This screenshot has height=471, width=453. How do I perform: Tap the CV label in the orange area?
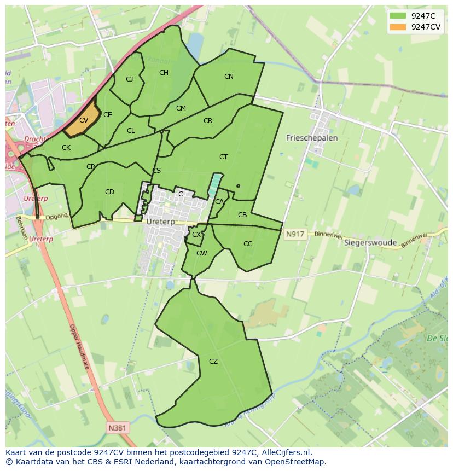(x=84, y=120)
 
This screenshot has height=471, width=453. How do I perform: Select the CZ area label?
(x=213, y=362)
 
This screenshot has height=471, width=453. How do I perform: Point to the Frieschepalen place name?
(x=312, y=138)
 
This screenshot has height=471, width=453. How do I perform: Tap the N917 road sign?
(x=294, y=234)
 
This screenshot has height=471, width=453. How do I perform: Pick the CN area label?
(x=229, y=77)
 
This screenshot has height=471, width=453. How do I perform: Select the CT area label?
(x=223, y=157)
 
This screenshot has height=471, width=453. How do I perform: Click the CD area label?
(x=109, y=192)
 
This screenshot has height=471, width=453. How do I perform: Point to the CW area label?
(x=202, y=253)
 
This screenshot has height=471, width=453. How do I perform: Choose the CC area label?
(x=248, y=244)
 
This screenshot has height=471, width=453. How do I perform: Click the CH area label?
(x=164, y=73)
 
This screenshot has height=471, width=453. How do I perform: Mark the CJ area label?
(x=130, y=79)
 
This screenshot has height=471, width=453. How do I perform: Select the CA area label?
(x=219, y=202)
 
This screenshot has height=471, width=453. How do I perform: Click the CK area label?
(x=66, y=148)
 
